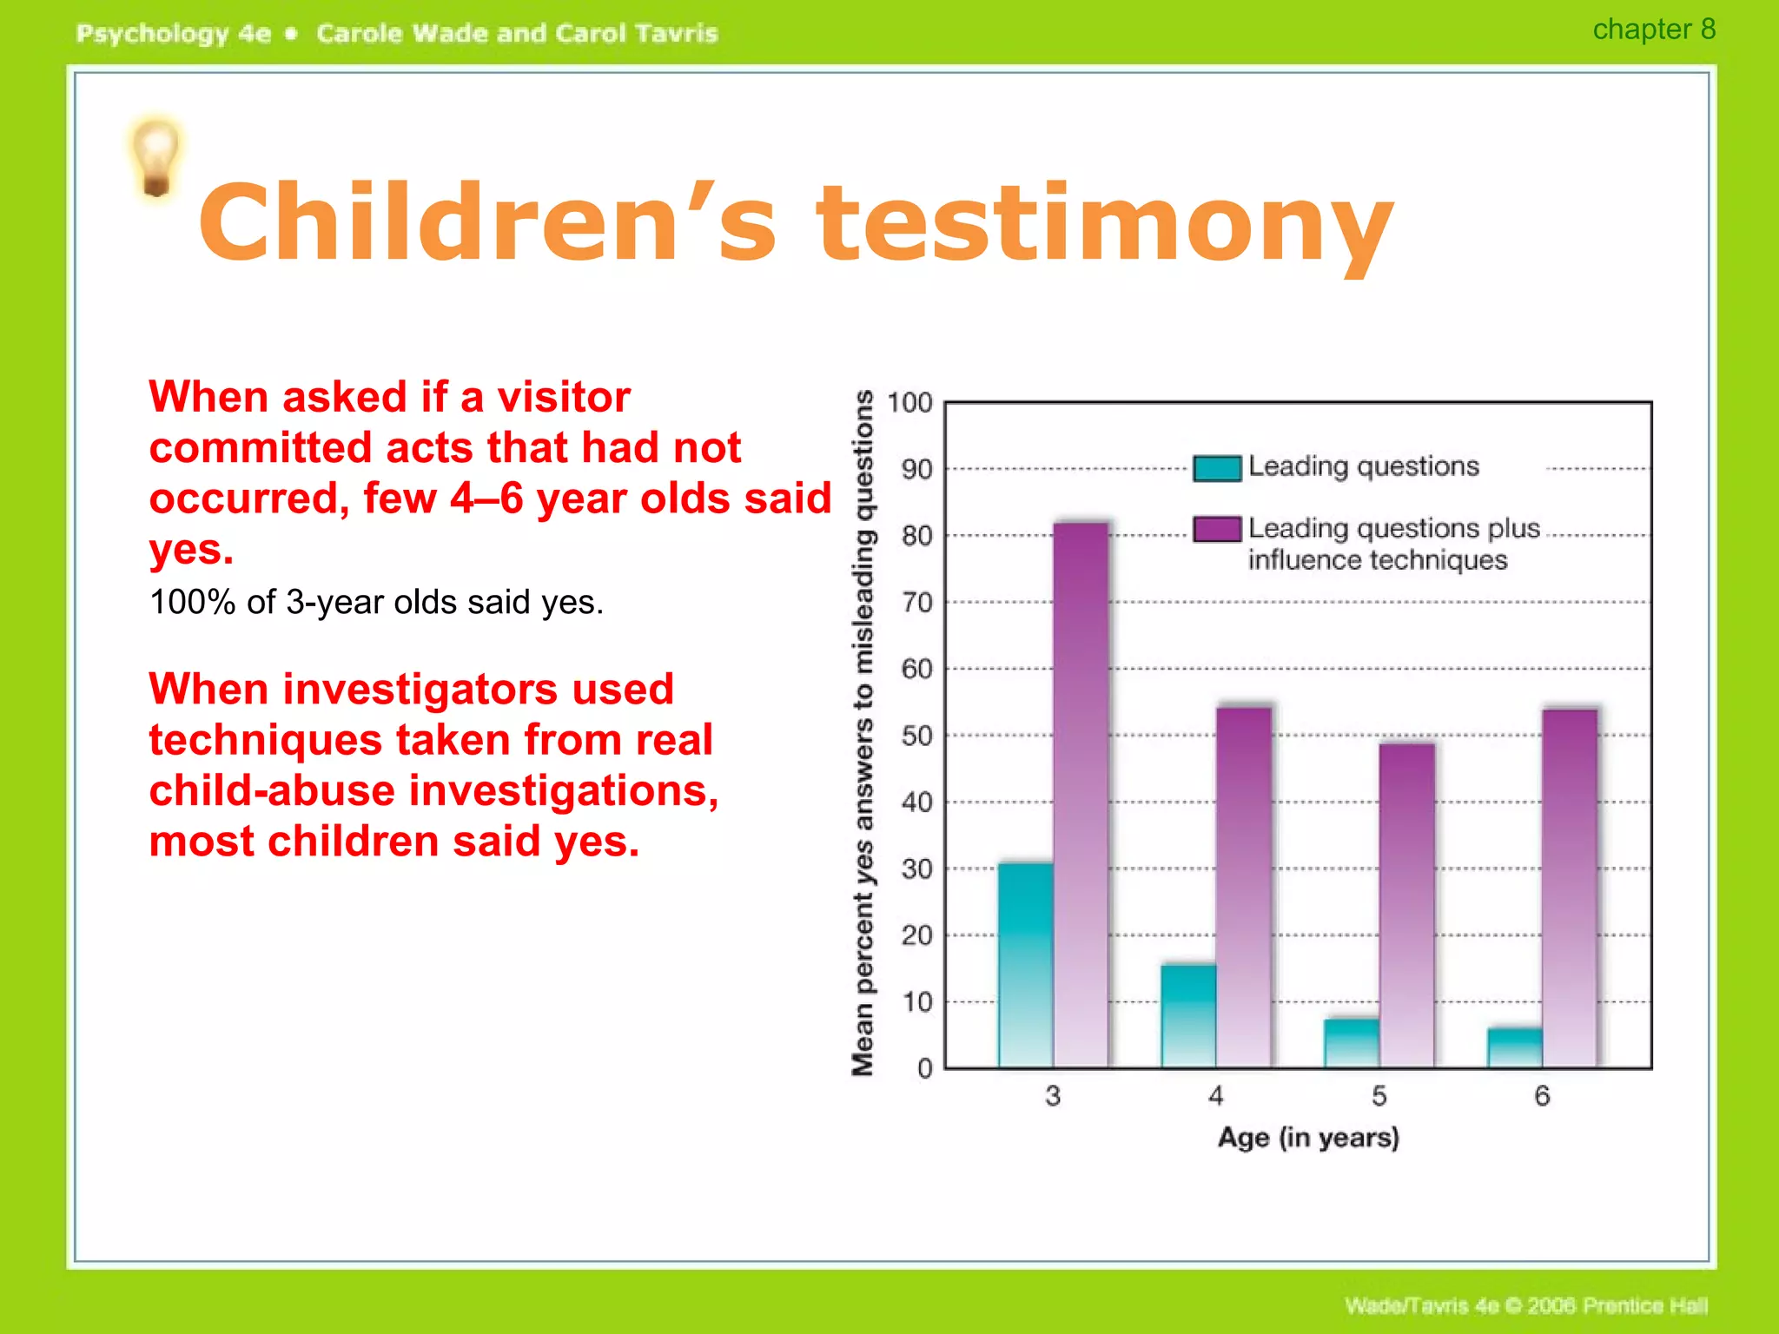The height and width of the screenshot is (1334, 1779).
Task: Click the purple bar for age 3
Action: tap(1081, 795)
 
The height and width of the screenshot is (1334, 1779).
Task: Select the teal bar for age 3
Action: tap(1025, 964)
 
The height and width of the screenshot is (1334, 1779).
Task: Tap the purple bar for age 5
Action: tap(1406, 903)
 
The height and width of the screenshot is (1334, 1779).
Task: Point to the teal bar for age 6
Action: tap(1515, 1047)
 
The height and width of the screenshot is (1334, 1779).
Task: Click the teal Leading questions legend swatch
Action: tap(1216, 468)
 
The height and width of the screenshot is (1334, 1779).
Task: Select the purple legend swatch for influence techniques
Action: tap(1216, 529)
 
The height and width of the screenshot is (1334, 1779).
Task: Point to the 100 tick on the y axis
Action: tap(909, 403)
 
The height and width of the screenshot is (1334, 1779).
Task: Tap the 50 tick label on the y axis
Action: tap(916, 736)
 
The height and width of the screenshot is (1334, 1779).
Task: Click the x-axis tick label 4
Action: tap(1216, 1096)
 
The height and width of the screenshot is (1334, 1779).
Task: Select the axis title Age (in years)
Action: tap(1308, 1137)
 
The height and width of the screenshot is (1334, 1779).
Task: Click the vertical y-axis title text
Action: tap(863, 734)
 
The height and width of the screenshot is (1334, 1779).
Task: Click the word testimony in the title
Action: tap(1103, 224)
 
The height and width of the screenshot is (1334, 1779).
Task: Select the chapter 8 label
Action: tap(1653, 30)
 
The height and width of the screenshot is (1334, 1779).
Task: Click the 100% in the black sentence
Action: tap(192, 602)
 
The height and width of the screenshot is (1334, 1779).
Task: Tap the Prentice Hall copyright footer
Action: tap(1525, 1305)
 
